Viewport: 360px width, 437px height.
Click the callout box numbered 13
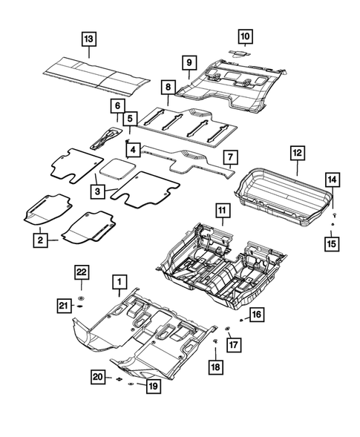click(88, 38)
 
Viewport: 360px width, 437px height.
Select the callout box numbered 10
click(245, 35)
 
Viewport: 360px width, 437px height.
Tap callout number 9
click(189, 62)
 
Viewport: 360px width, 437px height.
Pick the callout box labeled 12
click(296, 154)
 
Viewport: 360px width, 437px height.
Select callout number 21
click(65, 304)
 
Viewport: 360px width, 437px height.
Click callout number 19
click(154, 387)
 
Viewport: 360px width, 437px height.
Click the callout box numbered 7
click(230, 157)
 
